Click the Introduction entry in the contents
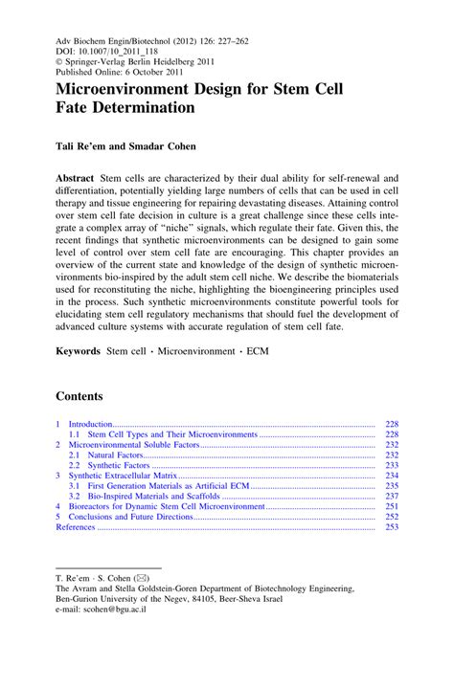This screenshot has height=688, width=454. tap(91, 423)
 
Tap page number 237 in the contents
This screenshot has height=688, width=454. tap(391, 496)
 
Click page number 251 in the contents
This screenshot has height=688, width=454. tap(391, 506)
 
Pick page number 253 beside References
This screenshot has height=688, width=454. tap(391, 527)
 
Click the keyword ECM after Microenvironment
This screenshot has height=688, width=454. tap(258, 351)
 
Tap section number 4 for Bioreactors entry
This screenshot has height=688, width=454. tap(58, 506)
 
